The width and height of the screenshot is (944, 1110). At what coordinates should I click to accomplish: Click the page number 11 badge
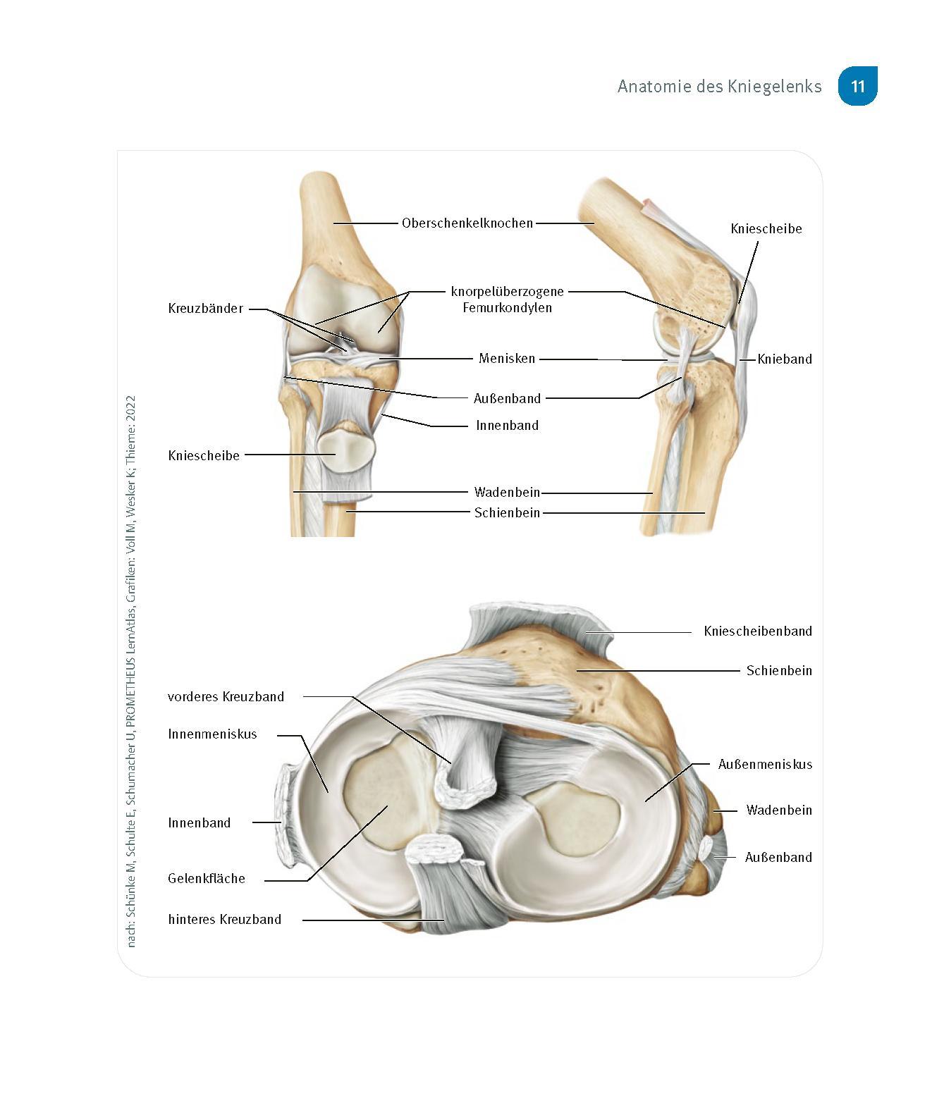tap(857, 87)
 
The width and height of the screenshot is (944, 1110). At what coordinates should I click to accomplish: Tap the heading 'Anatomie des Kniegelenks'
tap(719, 87)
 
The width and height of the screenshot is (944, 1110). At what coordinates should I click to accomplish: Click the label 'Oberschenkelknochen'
tap(467, 223)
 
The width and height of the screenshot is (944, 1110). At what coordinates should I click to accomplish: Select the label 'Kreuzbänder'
tap(205, 309)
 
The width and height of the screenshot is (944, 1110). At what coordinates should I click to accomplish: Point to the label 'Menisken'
tap(507, 359)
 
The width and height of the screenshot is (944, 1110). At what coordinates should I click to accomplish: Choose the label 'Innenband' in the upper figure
tap(507, 426)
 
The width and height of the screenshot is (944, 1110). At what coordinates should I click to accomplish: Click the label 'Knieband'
tap(785, 359)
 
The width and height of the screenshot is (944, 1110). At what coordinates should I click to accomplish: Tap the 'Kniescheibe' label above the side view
tap(766, 229)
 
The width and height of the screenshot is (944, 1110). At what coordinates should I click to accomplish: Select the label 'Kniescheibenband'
tap(757, 631)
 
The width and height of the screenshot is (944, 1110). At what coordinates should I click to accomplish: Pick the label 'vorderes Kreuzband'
tap(226, 697)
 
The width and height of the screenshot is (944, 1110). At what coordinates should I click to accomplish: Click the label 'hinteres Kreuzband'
tap(224, 920)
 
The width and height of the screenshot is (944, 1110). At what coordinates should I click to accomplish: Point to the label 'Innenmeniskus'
tap(212, 734)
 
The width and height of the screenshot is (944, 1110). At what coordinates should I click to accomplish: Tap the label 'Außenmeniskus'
tap(765, 765)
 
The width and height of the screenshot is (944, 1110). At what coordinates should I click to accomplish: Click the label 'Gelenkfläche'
tap(207, 879)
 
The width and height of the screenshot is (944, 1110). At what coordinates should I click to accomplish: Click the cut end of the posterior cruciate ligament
tap(432, 851)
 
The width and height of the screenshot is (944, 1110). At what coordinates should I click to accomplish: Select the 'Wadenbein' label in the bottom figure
tap(778, 810)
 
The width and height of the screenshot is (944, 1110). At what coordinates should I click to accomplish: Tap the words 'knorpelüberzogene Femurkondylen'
tap(507, 300)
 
